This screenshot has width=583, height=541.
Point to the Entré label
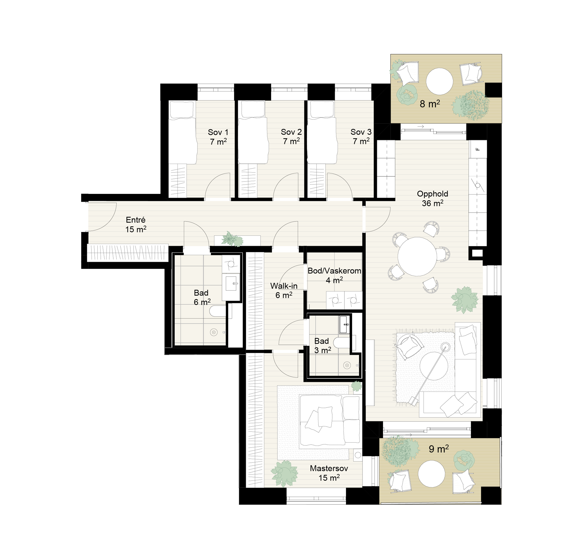136,220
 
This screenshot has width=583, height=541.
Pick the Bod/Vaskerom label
334,271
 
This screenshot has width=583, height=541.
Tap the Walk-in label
284,286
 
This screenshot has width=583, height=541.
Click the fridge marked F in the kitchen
478,149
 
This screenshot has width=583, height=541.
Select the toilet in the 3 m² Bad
342,342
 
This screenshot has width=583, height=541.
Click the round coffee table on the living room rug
434,366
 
